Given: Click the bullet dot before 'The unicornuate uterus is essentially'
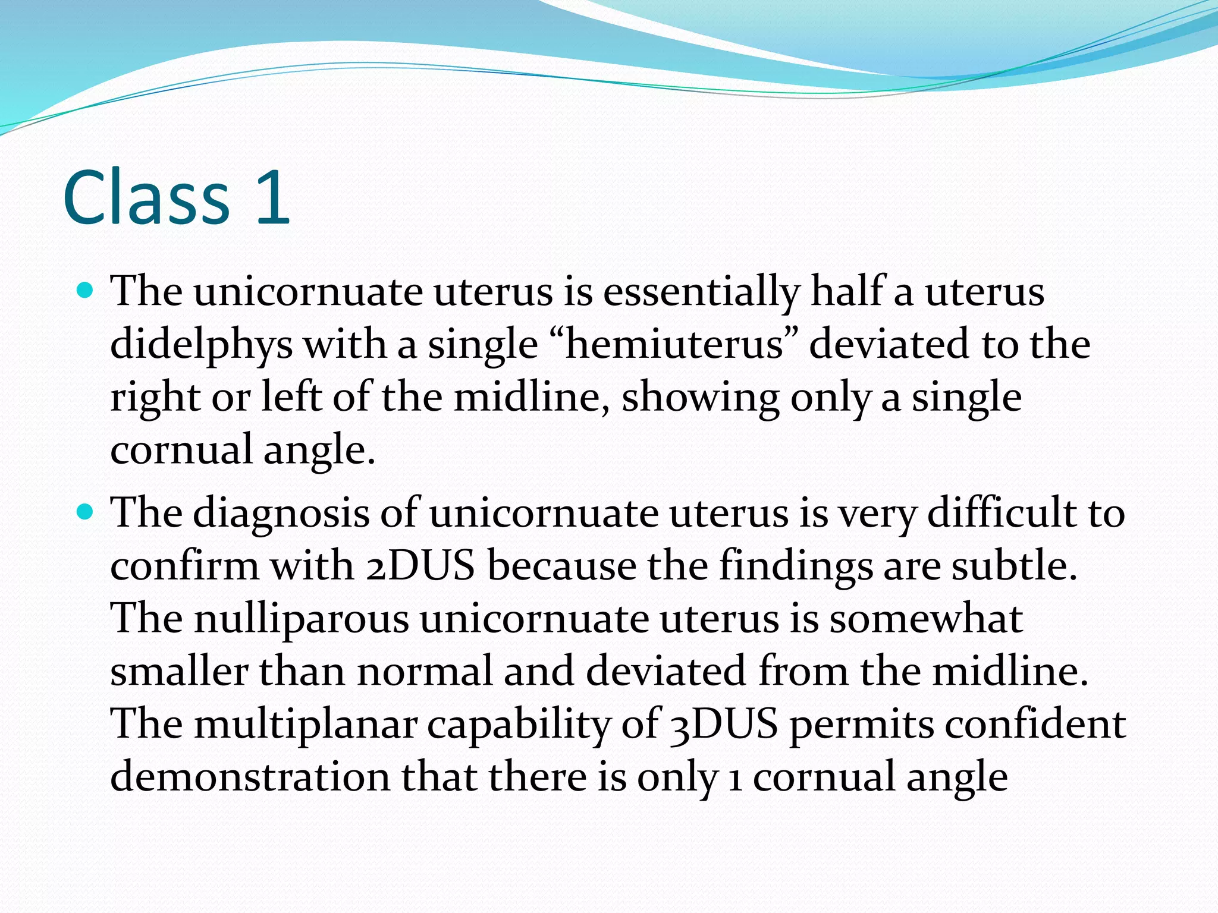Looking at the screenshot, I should coord(86,291).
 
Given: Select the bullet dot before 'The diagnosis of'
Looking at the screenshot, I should coord(86,511).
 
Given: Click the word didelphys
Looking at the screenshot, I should coord(201,345).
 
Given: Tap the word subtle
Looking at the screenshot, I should coord(1014,565).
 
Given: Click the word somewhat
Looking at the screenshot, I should coord(925,618).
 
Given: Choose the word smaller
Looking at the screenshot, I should coord(178,670).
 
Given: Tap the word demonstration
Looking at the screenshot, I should coord(250,776).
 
